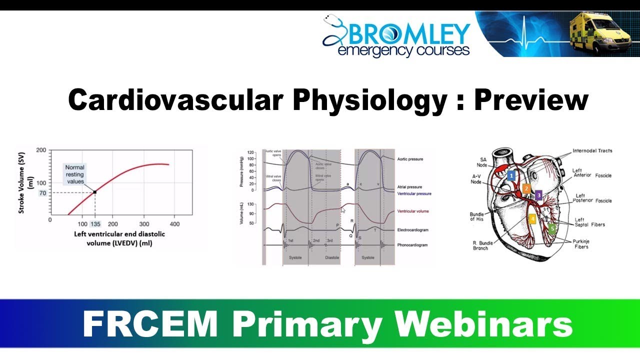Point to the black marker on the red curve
coord(95,192)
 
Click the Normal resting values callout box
coord(75,174)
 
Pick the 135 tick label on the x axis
coord(95,224)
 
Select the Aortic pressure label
coord(409,159)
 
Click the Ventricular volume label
coord(412,211)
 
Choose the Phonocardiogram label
coord(413,245)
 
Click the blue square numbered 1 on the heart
coord(510,175)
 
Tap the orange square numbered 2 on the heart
coord(526,188)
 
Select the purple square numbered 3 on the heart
coord(538,195)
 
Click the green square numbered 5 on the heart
coord(552,228)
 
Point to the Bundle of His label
coord(477,216)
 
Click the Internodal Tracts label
coord(592,150)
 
